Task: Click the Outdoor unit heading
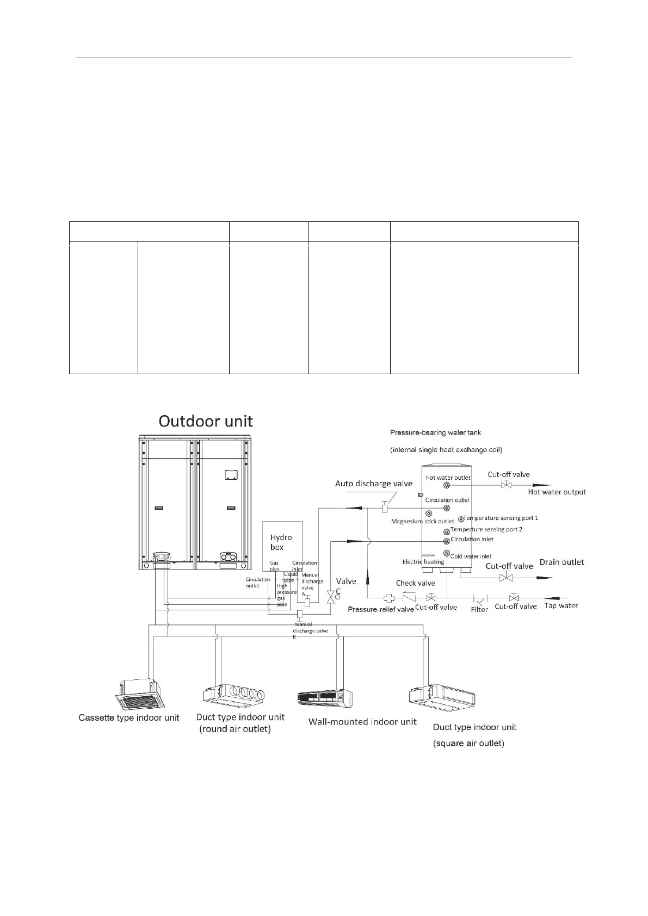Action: [206, 422]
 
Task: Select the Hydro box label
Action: [281, 542]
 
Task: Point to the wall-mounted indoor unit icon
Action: [324, 699]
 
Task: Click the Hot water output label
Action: [557, 492]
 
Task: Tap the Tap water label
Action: [561, 606]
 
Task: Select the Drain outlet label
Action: [561, 562]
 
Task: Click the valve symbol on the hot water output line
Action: [506, 485]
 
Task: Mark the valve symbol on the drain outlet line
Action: [506, 577]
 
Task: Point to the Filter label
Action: [479, 610]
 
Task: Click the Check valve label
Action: [415, 583]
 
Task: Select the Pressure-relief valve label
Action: [381, 610]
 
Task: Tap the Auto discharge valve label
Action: [373, 484]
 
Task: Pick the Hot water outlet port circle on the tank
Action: [447, 485]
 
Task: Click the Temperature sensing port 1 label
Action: [501, 518]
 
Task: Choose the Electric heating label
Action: [423, 562]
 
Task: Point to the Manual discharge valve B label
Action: [310, 630]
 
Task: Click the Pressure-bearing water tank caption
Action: [435, 433]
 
